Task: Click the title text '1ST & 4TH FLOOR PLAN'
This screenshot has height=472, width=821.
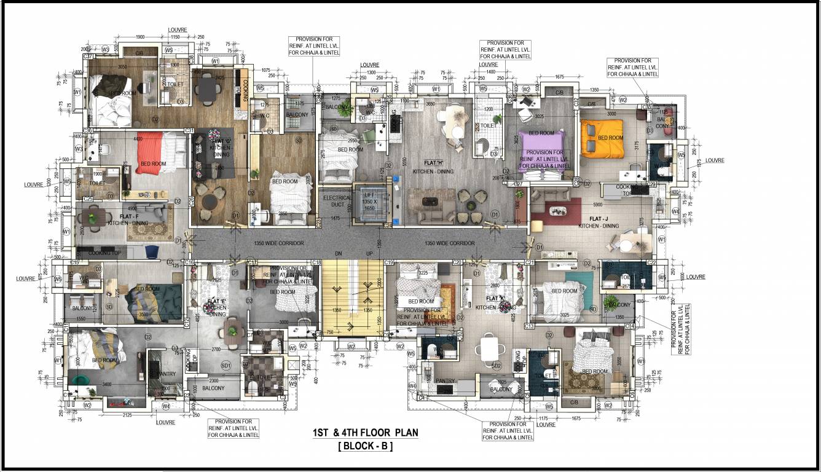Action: [365, 433]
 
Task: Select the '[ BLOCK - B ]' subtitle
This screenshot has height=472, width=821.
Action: [365, 447]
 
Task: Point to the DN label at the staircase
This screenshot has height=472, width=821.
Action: [337, 253]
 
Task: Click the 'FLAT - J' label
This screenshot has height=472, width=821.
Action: [599, 219]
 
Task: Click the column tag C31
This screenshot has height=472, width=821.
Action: [189, 130]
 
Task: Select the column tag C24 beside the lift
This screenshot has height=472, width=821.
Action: [387, 226]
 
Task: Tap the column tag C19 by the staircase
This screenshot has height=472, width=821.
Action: [388, 262]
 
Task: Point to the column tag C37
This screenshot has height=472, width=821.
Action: [88, 57]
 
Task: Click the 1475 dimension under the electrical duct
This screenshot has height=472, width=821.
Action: [334, 218]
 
